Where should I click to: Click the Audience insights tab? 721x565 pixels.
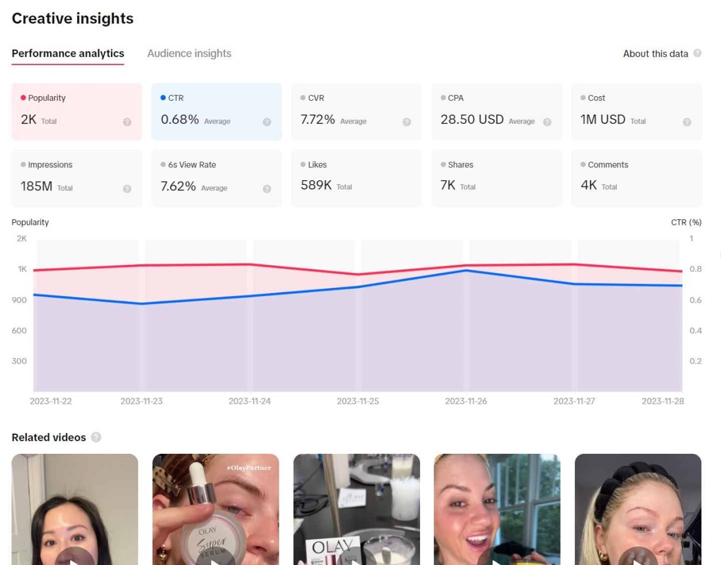[x=189, y=54]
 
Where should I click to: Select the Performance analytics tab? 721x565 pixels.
[x=68, y=54]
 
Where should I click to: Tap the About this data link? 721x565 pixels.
[x=655, y=54]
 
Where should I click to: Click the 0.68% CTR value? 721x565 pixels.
[x=180, y=120]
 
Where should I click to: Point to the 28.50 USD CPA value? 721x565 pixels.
[x=472, y=120]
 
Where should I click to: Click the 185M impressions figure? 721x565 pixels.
[x=37, y=186]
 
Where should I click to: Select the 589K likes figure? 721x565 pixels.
[x=316, y=185]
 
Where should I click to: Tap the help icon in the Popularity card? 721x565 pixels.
[x=127, y=122]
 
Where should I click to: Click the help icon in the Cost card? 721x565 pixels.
[x=687, y=122]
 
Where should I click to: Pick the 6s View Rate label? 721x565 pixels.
[x=192, y=165]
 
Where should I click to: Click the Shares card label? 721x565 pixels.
[x=460, y=165]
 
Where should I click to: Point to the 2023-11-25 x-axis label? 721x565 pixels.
[x=357, y=401]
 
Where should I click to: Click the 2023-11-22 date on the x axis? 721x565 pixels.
[x=51, y=401]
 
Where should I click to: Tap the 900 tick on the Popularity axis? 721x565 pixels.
[x=19, y=300]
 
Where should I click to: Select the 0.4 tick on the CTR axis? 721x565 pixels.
[x=695, y=331]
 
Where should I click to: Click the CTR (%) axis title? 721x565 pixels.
[x=686, y=222]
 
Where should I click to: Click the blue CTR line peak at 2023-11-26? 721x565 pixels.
[x=466, y=270]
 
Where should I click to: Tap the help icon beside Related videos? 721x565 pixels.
[x=96, y=437]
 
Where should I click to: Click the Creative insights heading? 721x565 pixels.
[x=73, y=19]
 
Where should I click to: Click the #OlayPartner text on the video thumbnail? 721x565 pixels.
[x=249, y=468]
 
